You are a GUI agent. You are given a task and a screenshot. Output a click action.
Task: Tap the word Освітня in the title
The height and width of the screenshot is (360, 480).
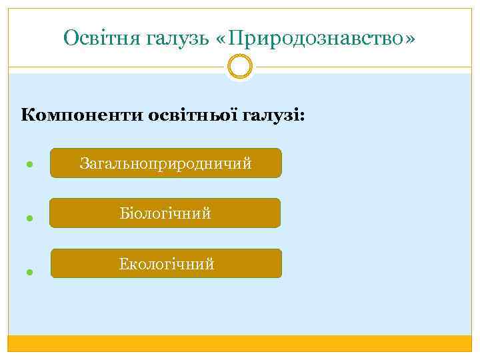click(x=91, y=38)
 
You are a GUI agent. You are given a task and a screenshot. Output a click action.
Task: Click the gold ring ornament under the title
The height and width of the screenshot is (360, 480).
click(x=239, y=67)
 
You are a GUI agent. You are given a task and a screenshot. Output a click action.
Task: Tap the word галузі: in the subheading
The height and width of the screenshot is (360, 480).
click(x=275, y=115)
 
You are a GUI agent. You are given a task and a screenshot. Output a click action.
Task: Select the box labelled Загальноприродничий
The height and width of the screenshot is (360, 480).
click(x=166, y=163)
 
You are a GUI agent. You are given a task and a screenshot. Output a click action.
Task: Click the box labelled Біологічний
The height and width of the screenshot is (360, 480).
click(x=165, y=213)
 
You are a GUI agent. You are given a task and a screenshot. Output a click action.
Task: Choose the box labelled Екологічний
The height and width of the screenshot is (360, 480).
click(x=166, y=264)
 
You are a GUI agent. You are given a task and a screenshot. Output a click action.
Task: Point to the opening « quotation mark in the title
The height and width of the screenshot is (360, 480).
click(x=221, y=39)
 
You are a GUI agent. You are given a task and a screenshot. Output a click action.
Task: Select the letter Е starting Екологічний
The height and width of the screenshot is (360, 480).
click(x=123, y=264)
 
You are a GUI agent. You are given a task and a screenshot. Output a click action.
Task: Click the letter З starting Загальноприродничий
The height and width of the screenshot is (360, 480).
click(x=84, y=163)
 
